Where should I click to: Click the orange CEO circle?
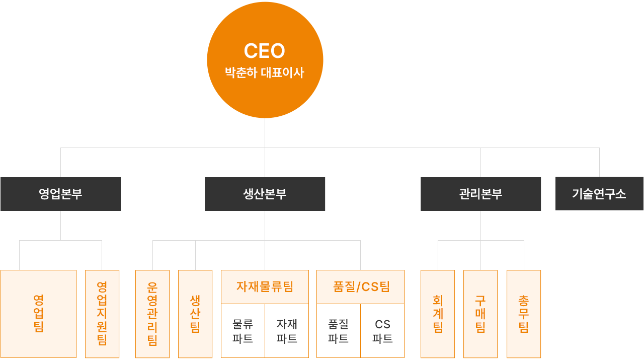pos(265,60)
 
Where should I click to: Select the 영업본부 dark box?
pos(61,194)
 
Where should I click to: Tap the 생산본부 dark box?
pos(265,194)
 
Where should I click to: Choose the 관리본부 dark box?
pos(480,194)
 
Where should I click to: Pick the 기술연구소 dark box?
pos(599,193)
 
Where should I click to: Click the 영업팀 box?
pos(39,314)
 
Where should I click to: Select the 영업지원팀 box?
pos(102,314)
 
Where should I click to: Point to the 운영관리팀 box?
pos(152,314)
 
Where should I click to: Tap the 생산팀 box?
pos(195,314)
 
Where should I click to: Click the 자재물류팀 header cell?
pos(265,287)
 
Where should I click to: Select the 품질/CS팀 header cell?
pos(361,287)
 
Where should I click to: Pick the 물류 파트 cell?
pos(243,331)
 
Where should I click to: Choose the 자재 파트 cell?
pos(287,331)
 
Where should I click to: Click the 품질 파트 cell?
pos(339,331)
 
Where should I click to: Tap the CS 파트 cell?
pos(382,331)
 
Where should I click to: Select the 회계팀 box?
pos(438,314)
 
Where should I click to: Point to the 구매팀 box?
pos(480,314)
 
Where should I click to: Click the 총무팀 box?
pos(524,314)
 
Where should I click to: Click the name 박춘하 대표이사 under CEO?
pos(265,73)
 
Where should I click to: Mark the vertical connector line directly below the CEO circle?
pos(265,148)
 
